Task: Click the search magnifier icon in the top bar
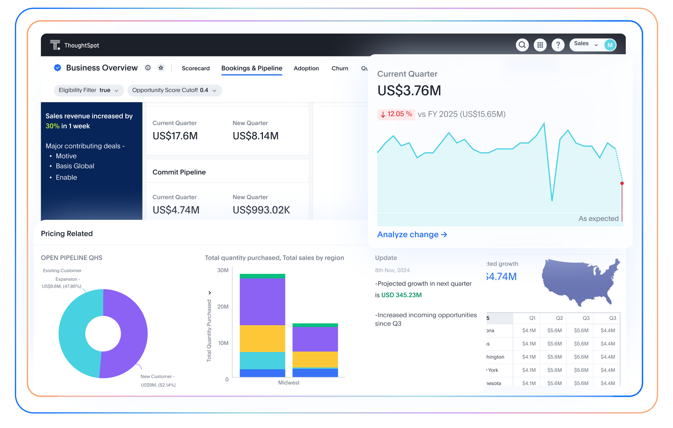coord(522,45)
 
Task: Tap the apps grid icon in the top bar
coord(540,45)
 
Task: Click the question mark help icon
coord(558,45)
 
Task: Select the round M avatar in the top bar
coord(610,45)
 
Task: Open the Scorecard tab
coord(195,68)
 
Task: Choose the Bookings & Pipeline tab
coord(251,68)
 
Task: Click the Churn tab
coord(340,68)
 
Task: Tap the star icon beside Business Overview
coord(161,68)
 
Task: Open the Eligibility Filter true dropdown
coord(89,90)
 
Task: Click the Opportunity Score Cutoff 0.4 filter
coord(174,90)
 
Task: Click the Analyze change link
coord(412,235)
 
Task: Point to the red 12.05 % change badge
coord(396,114)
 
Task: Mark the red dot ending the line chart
coord(622,183)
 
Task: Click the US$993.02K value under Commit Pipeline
coord(261,210)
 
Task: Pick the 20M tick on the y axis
coord(223,307)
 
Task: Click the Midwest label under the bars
coord(289,383)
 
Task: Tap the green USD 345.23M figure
coord(402,295)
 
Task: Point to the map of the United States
coord(579,282)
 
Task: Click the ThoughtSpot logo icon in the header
coord(55,45)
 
